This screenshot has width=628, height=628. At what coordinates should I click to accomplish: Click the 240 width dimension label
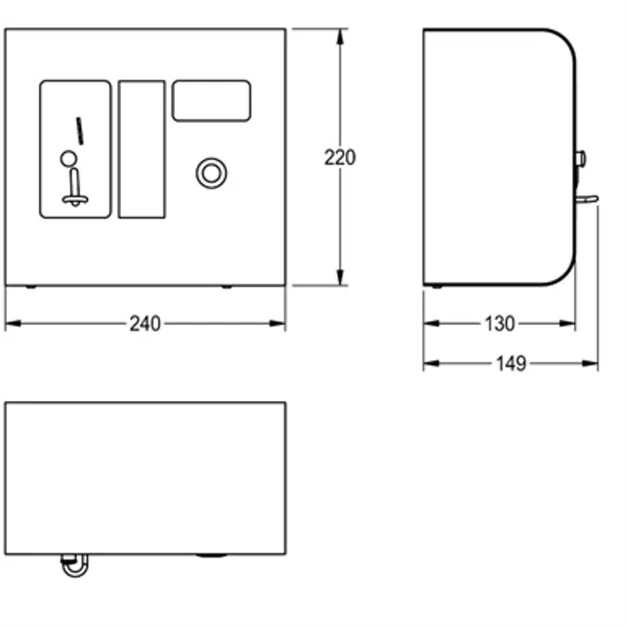pos(145,324)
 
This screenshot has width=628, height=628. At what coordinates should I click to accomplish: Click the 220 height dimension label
pos(340,157)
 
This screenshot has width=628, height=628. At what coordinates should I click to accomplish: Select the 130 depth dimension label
pos(500,324)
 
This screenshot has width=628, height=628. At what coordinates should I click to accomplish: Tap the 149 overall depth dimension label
pos(511,364)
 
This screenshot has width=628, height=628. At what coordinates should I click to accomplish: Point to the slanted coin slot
pos(80,130)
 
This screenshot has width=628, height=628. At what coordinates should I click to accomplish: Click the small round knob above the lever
pos(69,158)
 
